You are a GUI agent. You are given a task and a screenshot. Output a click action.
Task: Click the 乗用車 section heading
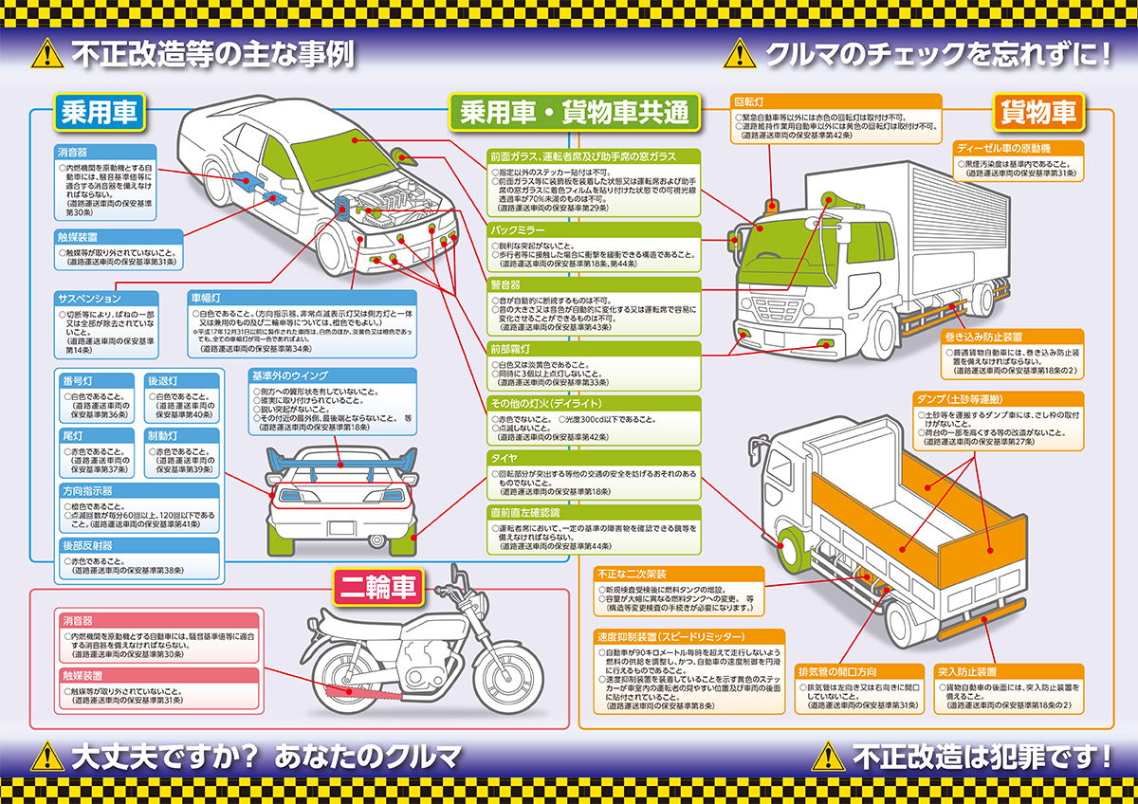[98, 113]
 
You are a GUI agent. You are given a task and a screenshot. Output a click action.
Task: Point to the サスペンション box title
[90, 299]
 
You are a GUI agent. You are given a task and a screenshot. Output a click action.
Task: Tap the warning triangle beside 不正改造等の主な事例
[46, 54]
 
